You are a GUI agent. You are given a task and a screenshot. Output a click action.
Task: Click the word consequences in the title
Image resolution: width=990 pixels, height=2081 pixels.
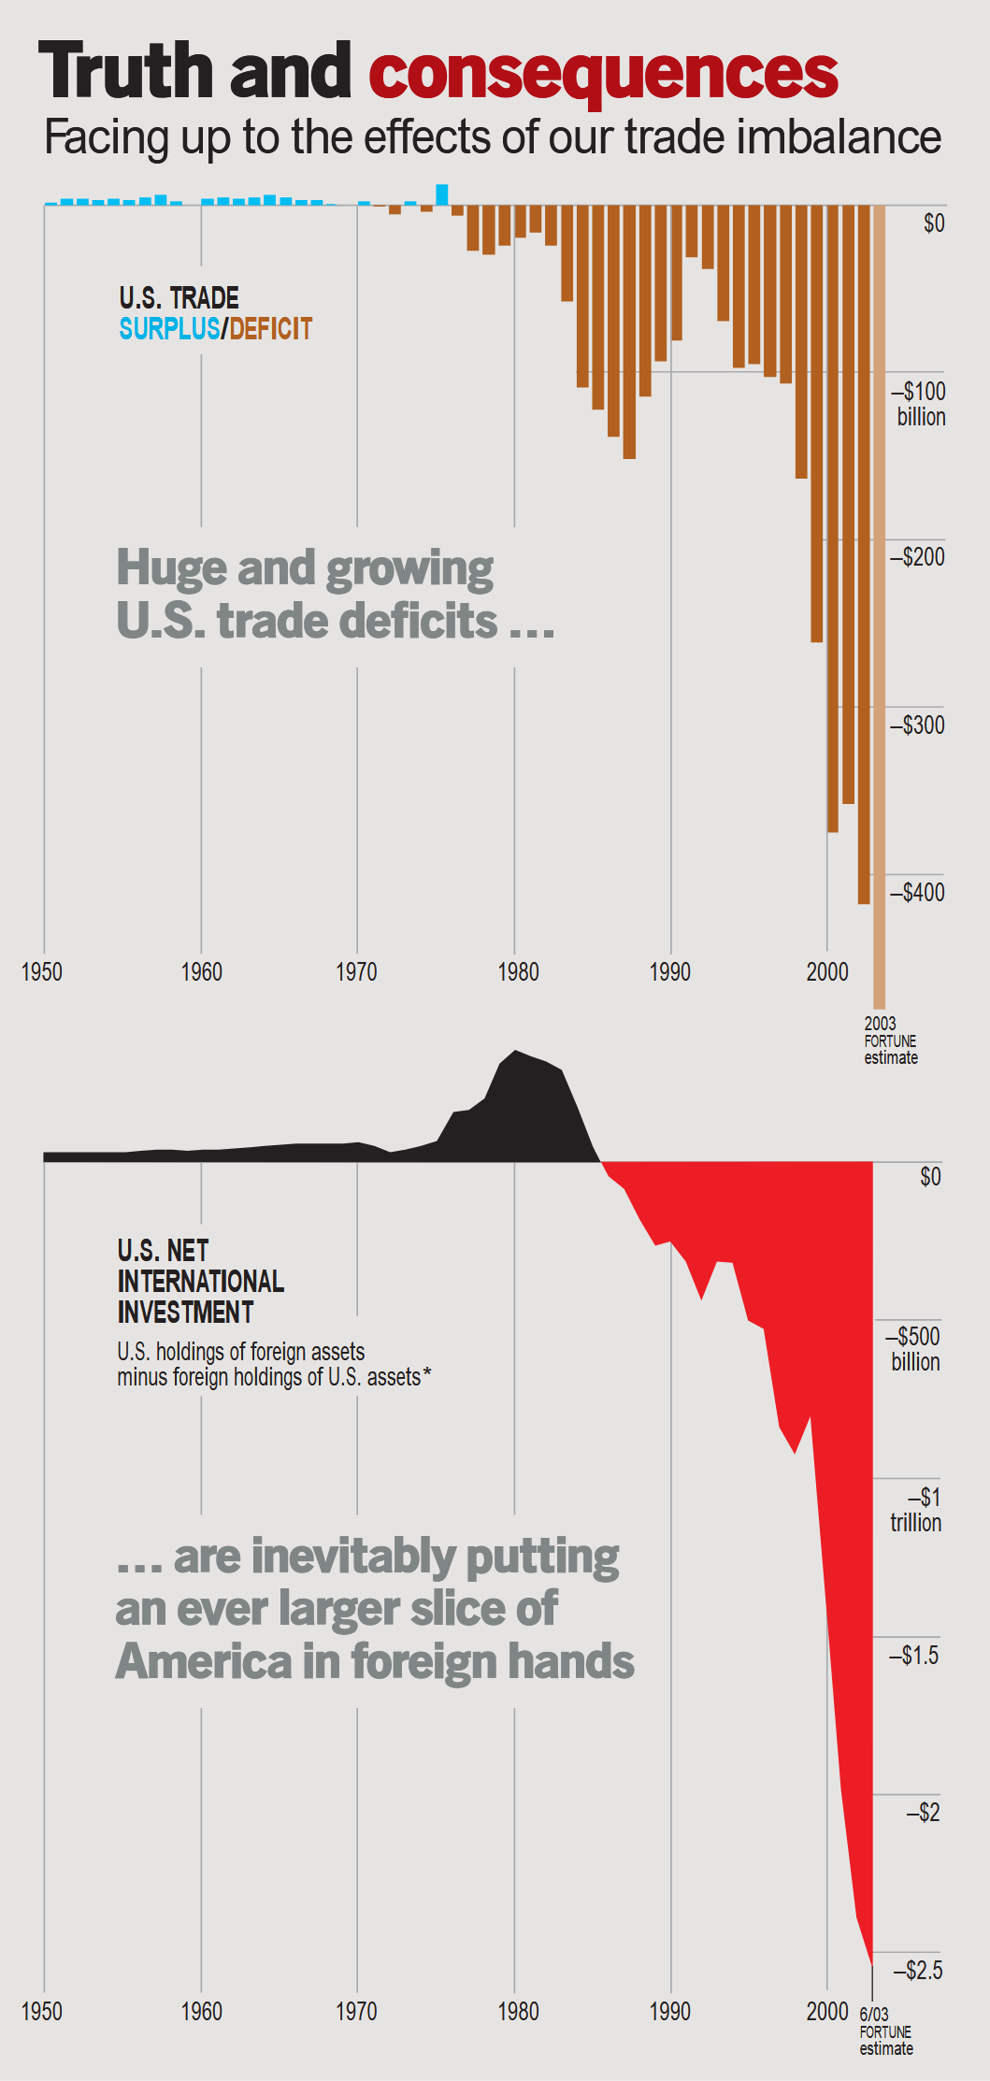603,73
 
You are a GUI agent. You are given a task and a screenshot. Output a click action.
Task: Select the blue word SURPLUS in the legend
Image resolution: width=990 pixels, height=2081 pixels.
169,329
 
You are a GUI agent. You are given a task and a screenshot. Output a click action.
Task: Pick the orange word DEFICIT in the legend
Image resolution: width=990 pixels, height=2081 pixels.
271,329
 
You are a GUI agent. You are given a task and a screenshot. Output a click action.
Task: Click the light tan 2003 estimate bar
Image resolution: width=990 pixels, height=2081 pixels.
879,608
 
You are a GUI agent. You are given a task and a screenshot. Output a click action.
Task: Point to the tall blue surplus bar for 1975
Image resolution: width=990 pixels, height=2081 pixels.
442,194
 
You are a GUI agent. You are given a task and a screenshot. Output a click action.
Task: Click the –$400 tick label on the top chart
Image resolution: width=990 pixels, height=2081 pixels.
917,893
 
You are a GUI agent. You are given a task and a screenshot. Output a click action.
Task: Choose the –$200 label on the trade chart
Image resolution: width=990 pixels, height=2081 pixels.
917,557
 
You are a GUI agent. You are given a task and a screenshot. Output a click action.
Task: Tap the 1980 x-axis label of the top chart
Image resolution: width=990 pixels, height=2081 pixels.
518,972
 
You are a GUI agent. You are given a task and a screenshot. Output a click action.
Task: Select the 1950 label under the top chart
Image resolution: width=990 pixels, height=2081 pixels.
42,972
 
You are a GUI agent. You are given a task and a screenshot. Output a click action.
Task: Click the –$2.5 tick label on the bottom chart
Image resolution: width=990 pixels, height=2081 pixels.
917,1971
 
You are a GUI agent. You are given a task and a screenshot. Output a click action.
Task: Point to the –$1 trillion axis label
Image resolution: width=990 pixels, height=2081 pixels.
915,1510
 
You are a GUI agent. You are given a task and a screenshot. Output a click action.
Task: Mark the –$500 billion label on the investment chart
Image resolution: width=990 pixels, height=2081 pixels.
914,1349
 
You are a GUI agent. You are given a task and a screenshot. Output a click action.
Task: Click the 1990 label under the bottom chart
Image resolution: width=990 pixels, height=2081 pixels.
670,2012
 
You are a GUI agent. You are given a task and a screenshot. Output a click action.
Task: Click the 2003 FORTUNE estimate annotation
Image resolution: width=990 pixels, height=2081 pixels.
890,1040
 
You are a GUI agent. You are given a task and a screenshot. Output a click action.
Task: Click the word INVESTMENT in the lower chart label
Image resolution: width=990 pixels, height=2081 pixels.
185,1313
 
